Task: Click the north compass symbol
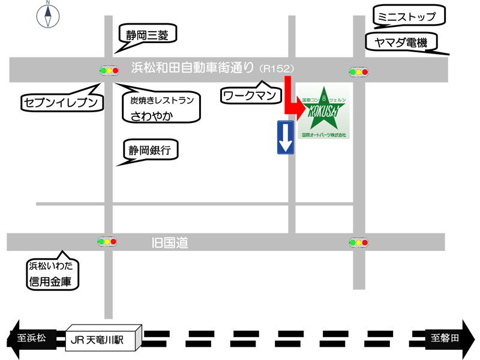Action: tap(47, 16)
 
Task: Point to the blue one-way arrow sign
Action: tap(285, 137)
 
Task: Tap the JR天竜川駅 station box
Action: tap(102, 340)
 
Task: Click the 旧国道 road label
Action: tap(170, 242)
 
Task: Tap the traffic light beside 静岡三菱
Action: tap(109, 71)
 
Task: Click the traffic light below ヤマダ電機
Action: tap(358, 72)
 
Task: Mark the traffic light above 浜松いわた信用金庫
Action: tap(107, 242)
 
